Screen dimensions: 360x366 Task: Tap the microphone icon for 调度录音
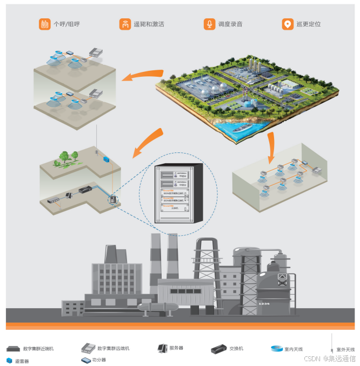(209, 24)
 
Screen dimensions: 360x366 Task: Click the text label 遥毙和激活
(149, 24)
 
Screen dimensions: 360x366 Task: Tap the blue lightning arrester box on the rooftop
(105, 159)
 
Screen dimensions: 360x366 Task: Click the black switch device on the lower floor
(86, 190)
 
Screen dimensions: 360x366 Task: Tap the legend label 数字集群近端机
(38, 349)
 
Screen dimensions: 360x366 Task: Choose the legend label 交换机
(236, 349)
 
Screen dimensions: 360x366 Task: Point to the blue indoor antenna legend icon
(276, 349)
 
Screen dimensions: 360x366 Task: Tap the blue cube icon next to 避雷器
(9, 360)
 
